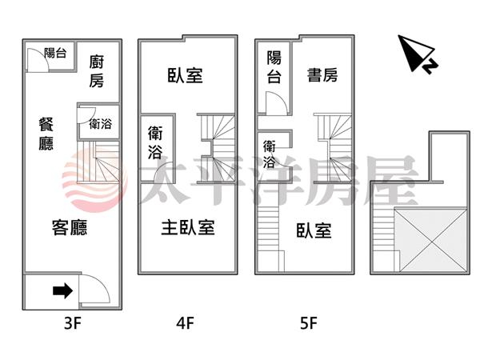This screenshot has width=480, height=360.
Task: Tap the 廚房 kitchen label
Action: click(97, 70)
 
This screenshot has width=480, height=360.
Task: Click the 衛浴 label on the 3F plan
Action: click(100, 124)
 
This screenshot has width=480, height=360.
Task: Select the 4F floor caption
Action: click(186, 324)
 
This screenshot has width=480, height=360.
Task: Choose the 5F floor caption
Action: click(308, 324)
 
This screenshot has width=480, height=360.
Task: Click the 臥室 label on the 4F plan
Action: click(185, 76)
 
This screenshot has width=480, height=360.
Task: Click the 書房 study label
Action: click(322, 76)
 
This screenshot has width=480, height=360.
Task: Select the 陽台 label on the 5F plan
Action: click(274, 67)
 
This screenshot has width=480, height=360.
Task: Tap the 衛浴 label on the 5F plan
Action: click(270, 154)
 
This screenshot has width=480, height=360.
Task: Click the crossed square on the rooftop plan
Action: click(432, 239)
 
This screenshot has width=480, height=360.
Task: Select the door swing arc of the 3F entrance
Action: click(90, 287)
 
